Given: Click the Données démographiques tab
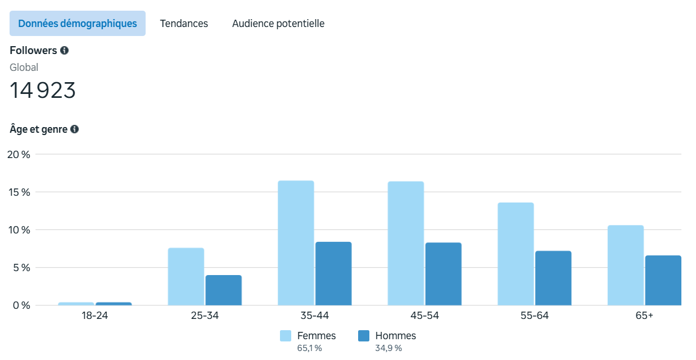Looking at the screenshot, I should [78, 24].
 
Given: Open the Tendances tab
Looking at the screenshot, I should [184, 24].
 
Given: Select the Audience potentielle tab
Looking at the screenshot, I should [278, 24].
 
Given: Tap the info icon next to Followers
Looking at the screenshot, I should [65, 51].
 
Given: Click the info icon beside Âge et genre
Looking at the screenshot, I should [75, 129].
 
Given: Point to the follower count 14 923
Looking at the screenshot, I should [43, 91].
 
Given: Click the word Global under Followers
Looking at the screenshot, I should [24, 67].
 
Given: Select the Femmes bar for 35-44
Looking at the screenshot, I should [296, 243].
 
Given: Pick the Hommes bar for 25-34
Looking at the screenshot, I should [223, 290].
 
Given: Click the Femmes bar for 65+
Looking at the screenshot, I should [625, 265].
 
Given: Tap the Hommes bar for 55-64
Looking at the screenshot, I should [553, 278].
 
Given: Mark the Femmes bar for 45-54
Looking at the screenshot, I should [405, 244].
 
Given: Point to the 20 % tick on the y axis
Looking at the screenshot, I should [18, 155].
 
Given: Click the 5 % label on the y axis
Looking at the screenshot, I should [21, 268].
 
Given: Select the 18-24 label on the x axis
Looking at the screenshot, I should [94, 316].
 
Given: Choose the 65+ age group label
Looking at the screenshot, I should [644, 316].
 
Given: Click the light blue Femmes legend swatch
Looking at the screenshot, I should [286, 336].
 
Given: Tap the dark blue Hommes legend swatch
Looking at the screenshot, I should [364, 336].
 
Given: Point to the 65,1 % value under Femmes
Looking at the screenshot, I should [310, 348].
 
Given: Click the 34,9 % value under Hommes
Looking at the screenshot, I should [388, 348].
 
